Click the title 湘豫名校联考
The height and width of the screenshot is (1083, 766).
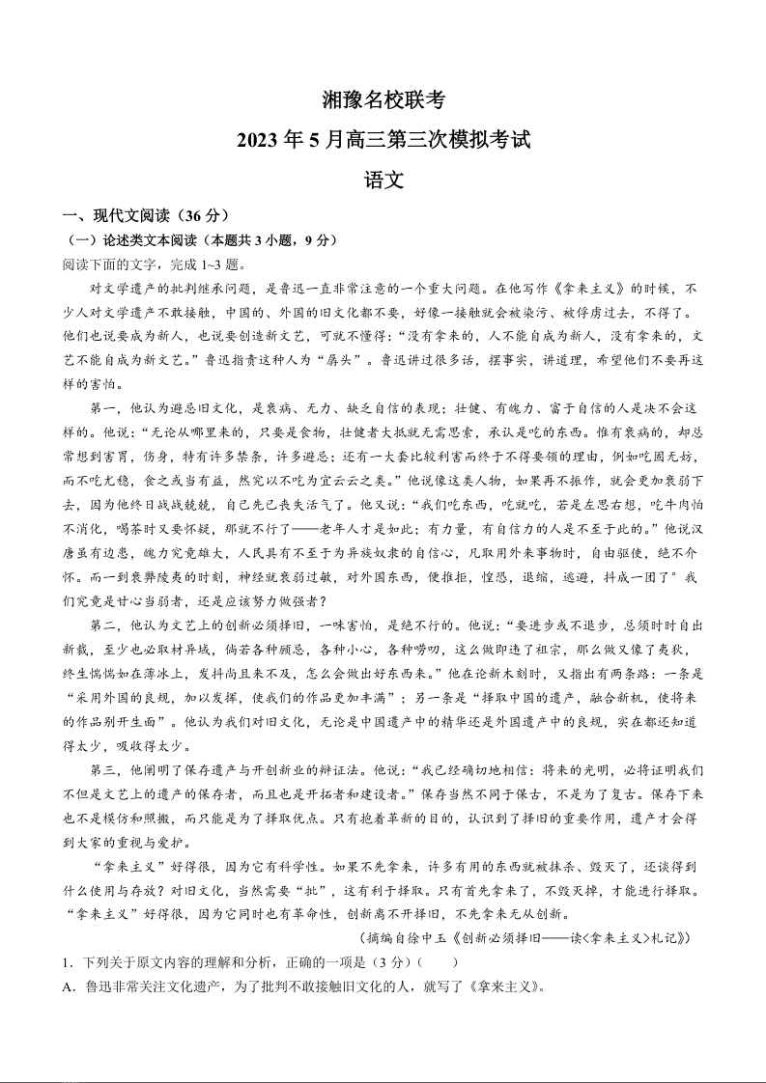tap(383, 99)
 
